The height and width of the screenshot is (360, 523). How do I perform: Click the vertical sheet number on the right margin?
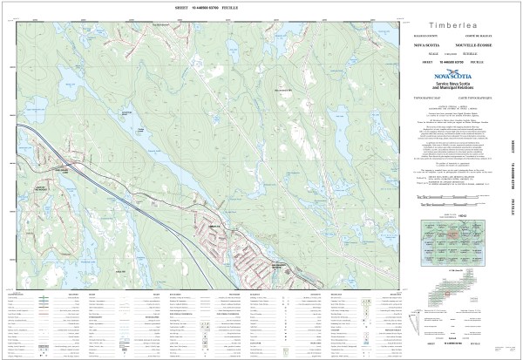tap(513, 178)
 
